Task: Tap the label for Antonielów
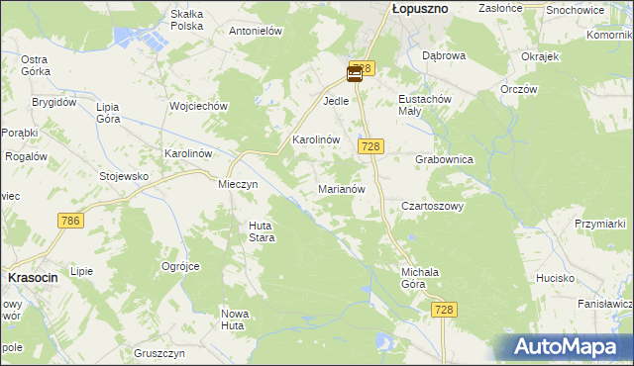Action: [x=257, y=31]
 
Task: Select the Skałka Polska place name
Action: [x=187, y=20]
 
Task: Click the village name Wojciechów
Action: [x=200, y=106]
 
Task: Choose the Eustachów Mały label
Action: [x=425, y=106]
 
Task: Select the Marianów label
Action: [x=343, y=188]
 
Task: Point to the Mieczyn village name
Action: [x=238, y=184]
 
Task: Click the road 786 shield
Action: [x=69, y=220]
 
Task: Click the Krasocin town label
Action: [x=33, y=278]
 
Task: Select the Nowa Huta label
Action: [x=234, y=319]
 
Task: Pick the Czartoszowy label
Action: [x=432, y=207]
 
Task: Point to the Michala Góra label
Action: [x=420, y=277]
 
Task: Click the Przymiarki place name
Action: [x=601, y=224]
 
